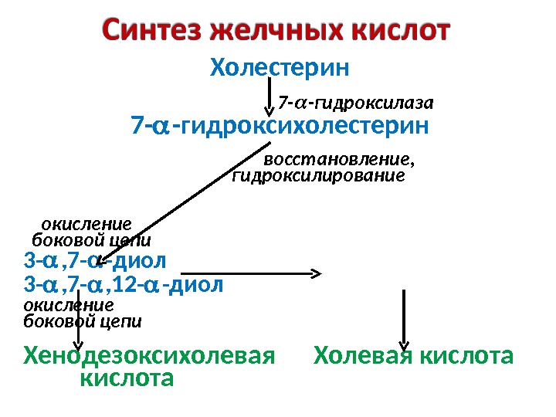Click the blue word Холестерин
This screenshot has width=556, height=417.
point(280,69)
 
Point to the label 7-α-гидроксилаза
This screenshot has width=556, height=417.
point(356,102)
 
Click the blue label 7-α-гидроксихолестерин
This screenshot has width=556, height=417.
point(280,124)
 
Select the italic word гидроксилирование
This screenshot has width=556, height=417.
point(318,176)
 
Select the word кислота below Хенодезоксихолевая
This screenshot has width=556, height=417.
point(127,379)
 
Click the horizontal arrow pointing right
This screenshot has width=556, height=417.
point(247,273)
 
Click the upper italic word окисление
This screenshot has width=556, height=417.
point(86,224)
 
